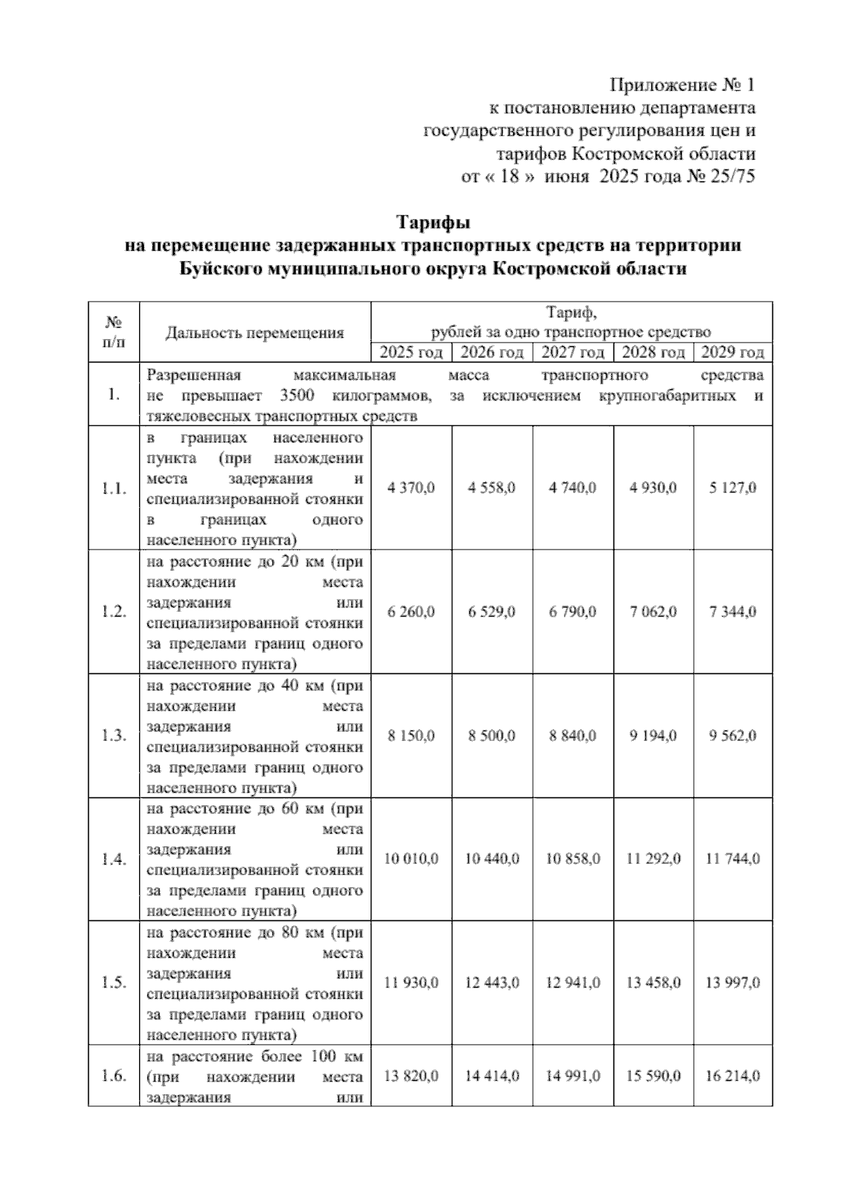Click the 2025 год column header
[411, 352]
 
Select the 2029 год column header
[732, 352]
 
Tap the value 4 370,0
[411, 488]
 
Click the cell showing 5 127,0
[733, 488]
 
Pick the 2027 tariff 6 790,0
[572, 612]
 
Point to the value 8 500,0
[491, 736]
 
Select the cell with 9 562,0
[733, 736]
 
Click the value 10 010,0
[411, 859]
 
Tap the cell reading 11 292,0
[653, 859]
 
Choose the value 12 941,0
[572, 983]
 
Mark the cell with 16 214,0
[733, 1076]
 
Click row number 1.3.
[114, 736]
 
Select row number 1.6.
[114, 1076]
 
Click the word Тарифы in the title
[433, 223]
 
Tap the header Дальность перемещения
[255, 333]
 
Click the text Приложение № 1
[682, 85]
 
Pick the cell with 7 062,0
[653, 612]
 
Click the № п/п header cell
[114, 332]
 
